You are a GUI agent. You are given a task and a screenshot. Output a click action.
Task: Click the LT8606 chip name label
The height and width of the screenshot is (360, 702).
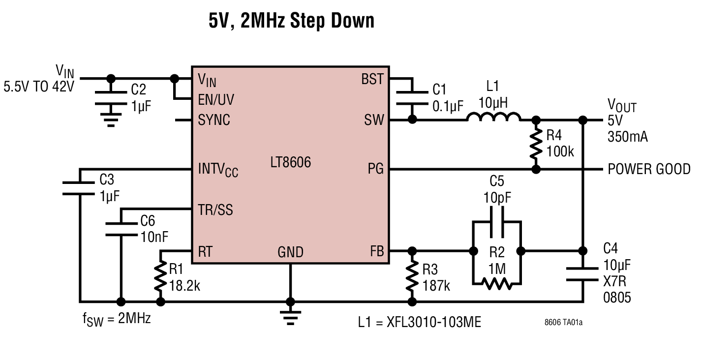pyautogui.click(x=290, y=162)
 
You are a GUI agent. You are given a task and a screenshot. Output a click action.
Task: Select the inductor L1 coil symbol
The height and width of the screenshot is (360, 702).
pyautogui.click(x=493, y=118)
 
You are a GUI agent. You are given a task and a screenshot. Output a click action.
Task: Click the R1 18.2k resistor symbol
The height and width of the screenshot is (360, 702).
pyautogui.click(x=160, y=277)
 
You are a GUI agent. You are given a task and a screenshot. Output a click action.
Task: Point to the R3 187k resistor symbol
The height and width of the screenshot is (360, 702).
pyautogui.click(x=412, y=277)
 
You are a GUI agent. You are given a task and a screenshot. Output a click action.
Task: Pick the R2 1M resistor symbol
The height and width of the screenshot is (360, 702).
pyautogui.click(x=497, y=283)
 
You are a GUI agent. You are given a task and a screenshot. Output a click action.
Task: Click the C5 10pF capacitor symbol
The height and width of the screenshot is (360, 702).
pyautogui.click(x=497, y=222)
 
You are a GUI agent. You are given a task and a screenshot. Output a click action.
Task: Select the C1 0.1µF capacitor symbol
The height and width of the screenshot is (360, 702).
pyautogui.click(x=412, y=98)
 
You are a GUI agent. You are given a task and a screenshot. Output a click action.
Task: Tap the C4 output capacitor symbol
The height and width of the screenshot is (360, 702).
pyautogui.click(x=583, y=274)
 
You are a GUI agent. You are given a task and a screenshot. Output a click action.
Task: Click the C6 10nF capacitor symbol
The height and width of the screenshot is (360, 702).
pyautogui.click(x=120, y=229)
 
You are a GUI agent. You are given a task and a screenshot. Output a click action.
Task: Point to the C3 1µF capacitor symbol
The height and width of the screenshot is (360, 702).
pyautogui.click(x=79, y=188)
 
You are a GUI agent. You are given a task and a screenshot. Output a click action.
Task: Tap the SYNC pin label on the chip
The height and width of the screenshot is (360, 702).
pyautogui.click(x=214, y=120)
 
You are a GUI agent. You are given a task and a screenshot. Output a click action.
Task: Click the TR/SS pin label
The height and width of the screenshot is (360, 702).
pyautogui.click(x=215, y=210)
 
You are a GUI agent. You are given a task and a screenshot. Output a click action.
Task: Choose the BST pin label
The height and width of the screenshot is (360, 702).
pyautogui.click(x=372, y=79)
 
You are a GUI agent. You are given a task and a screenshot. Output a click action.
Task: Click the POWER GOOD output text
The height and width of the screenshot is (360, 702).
pyautogui.click(x=649, y=169)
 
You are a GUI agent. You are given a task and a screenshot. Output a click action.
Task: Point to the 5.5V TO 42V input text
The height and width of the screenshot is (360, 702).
pyautogui.click(x=39, y=87)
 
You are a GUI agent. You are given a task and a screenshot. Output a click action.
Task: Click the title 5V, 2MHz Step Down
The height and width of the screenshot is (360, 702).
pyautogui.click(x=291, y=21)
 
